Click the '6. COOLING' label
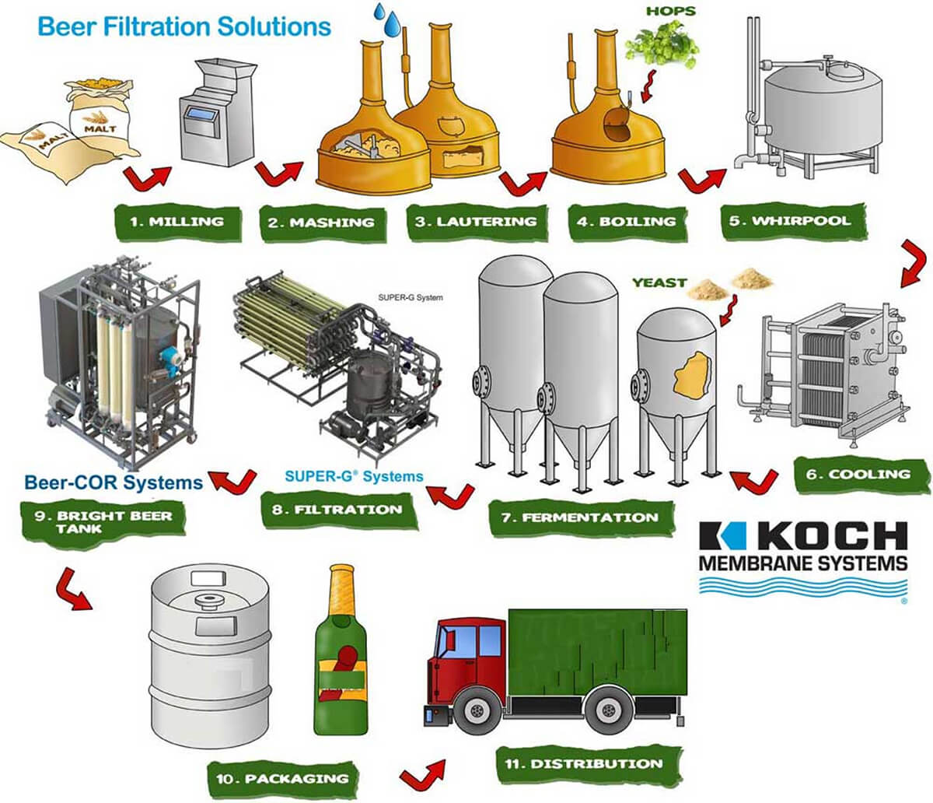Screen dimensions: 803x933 (858, 474)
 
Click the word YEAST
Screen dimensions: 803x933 (659, 282)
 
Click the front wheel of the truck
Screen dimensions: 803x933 (474, 711)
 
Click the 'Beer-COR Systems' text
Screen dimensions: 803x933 (113, 482)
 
